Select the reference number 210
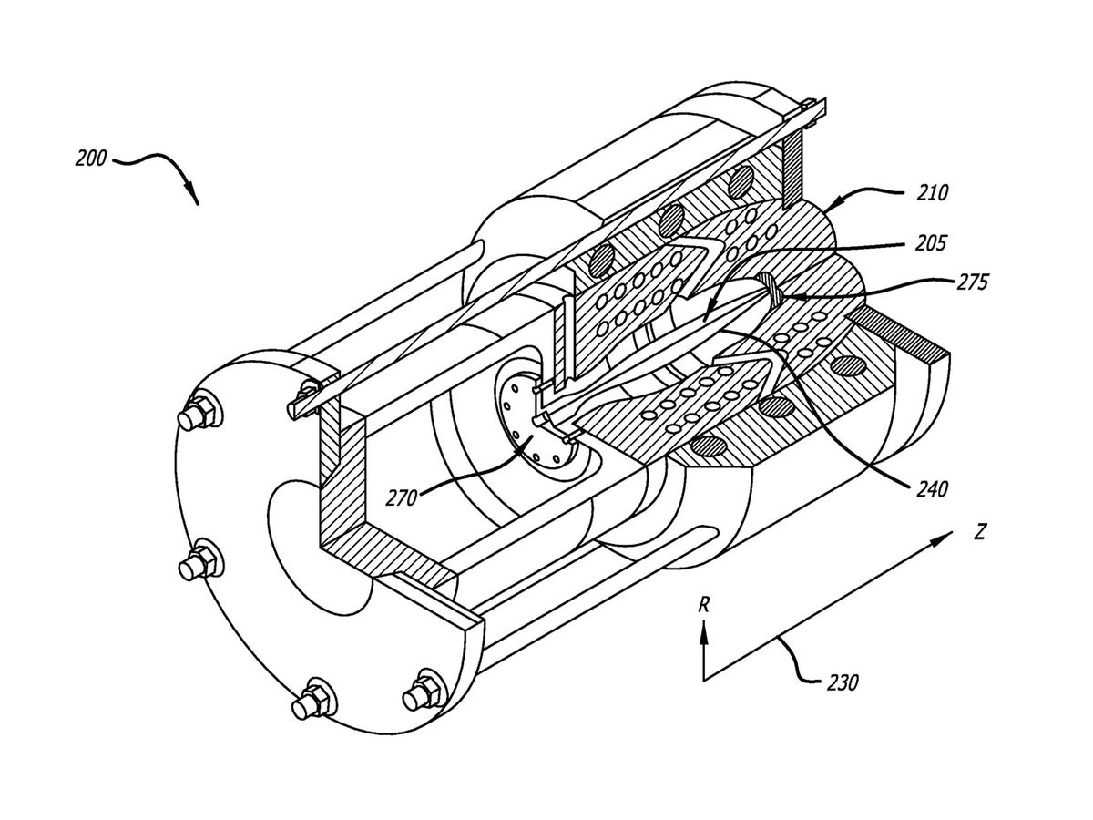point(931,193)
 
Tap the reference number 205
point(931,244)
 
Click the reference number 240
point(931,489)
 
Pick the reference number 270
point(401,497)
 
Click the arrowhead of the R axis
point(703,629)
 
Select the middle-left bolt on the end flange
point(195,562)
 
